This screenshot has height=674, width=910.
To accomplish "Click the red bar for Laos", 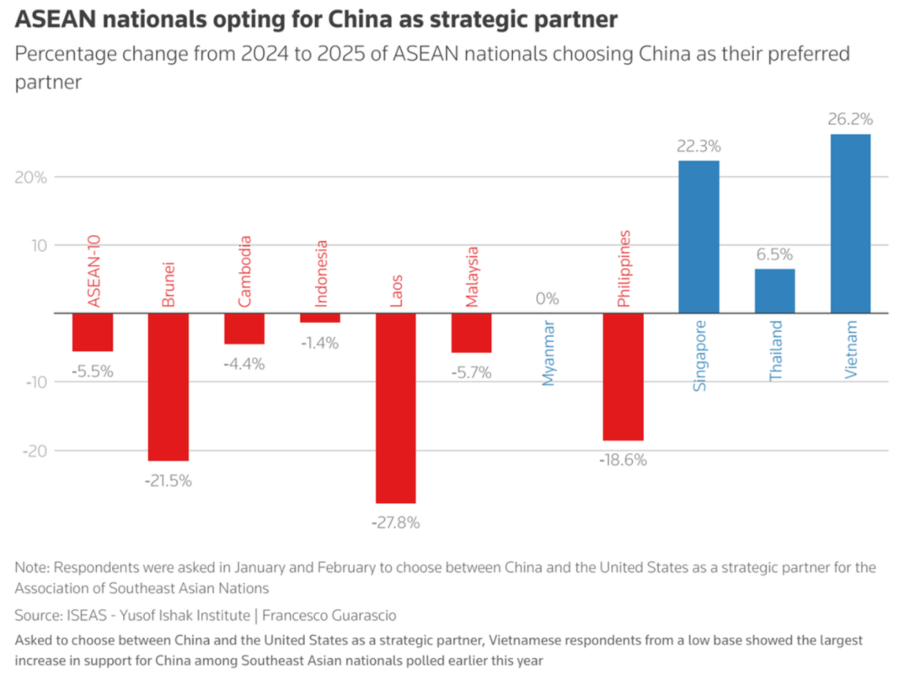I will pos(395,408).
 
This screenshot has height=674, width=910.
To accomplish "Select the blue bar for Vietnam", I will pos(850,223).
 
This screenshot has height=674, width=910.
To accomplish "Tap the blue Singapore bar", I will pos(699,237).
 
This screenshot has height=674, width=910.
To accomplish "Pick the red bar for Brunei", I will pos(168,387).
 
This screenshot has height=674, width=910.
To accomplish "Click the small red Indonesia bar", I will pos(319,318).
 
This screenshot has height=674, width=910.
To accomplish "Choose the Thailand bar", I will pos(774,291).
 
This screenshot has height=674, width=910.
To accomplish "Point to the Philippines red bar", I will pos(623,377).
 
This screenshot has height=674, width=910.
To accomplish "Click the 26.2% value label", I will pos(850,120).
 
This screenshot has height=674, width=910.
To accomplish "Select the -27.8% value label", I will pos(395,522).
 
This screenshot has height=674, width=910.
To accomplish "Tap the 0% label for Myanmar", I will pos(547,298).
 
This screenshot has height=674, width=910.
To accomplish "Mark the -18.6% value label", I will pos(623,460).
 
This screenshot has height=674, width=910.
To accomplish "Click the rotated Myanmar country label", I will pos(549,353).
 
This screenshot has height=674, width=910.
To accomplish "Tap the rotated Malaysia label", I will pos(472,276).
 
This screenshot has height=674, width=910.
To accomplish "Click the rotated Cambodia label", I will pos(244,271).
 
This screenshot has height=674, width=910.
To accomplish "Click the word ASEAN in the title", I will pos(47,19).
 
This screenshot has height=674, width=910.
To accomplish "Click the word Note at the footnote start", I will pos(32,567).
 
